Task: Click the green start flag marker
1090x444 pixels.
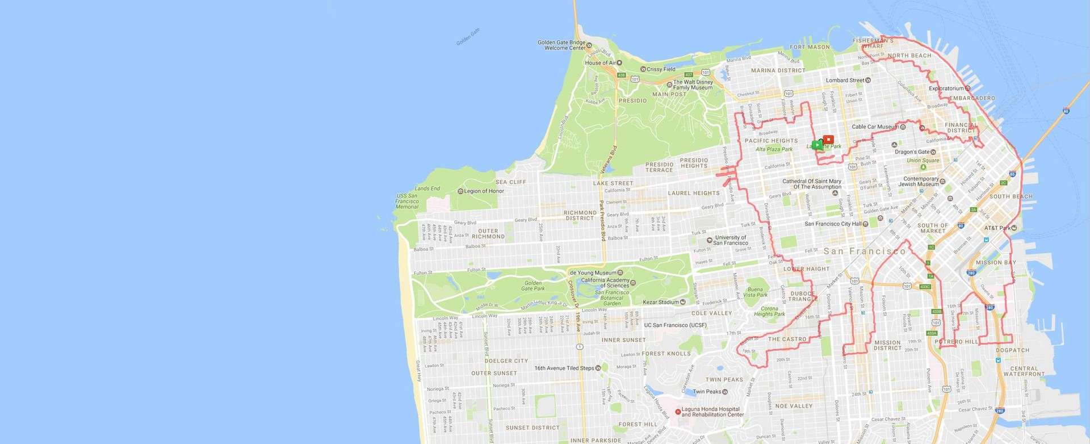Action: pyautogui.click(x=816, y=144)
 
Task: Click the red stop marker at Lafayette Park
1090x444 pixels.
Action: pyautogui.click(x=828, y=139)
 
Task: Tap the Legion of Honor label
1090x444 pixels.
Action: pyautogui.click(x=484, y=191)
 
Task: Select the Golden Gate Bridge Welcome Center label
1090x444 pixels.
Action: pyautogui.click(x=561, y=45)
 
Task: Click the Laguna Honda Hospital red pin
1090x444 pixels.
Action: pyautogui.click(x=677, y=412)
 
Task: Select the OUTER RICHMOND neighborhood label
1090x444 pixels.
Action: pyautogui.click(x=488, y=233)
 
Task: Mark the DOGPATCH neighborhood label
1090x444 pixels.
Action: pyautogui.click(x=1012, y=350)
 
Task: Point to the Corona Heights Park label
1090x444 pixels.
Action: pyautogui.click(x=769, y=311)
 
